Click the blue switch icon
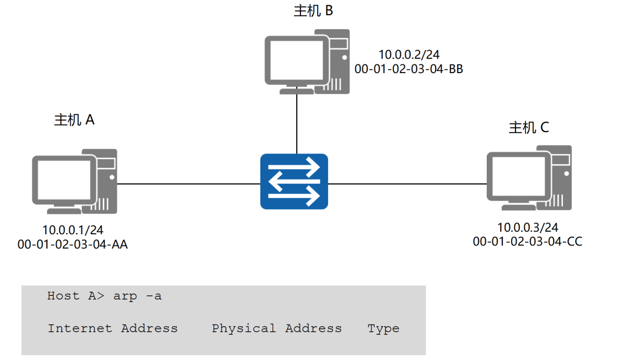pyautogui.click(x=294, y=182)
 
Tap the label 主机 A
pyautogui.click(x=74, y=119)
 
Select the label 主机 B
pyautogui.click(x=313, y=11)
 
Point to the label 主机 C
pyautogui.click(x=528, y=127)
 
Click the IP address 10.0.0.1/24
pyautogui.click(x=73, y=230)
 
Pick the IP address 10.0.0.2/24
pyautogui.click(x=409, y=55)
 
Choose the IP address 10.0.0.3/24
pyautogui.click(x=527, y=227)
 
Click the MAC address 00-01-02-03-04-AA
pyautogui.click(x=73, y=244)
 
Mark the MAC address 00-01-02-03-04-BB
pyautogui.click(x=408, y=69)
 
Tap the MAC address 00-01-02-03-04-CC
pyautogui.click(x=527, y=242)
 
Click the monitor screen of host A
pyautogui.click(x=64, y=180)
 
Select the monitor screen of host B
pyautogui.click(x=297, y=61)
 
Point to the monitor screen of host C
pyautogui.click(x=519, y=176)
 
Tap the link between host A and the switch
pyautogui.click(x=188, y=184)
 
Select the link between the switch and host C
pyautogui.click(x=407, y=184)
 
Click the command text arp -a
pyautogui.click(x=137, y=296)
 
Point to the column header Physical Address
pyautogui.click(x=277, y=329)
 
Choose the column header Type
pyautogui.click(x=383, y=329)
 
